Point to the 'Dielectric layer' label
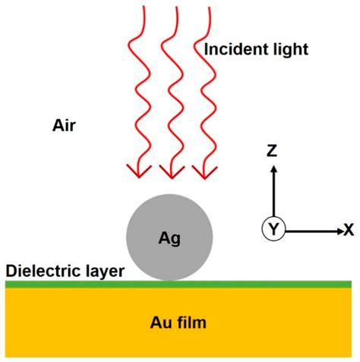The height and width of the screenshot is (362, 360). [x=65, y=270]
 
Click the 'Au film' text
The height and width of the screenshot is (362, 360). [x=178, y=323]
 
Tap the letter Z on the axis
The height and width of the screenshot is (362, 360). [x=272, y=152]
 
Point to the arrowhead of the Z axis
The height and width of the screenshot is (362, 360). [x=272, y=170]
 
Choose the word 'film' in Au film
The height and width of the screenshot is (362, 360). [x=192, y=323]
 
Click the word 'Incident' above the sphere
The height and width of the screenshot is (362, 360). [x=232, y=51]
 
